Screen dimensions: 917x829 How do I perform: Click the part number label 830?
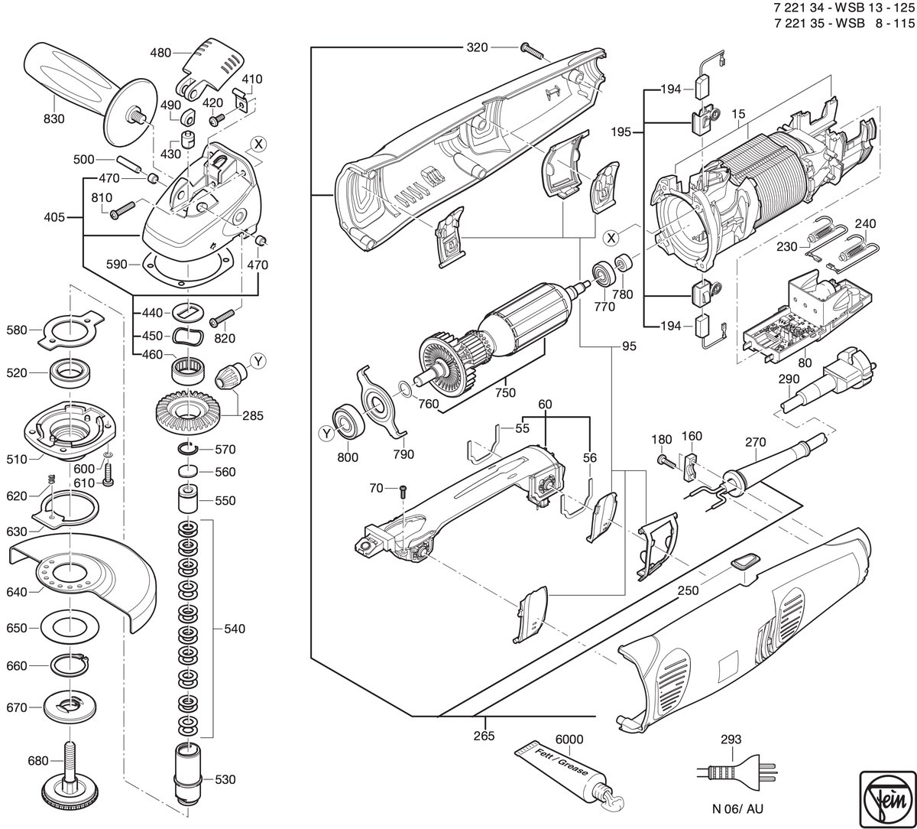(54, 119)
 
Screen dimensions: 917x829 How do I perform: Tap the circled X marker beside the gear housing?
(259, 145)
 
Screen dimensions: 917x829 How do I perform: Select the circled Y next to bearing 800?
(327, 434)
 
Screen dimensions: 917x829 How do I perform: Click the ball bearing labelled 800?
(348, 422)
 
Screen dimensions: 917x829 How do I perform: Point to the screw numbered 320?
(531, 51)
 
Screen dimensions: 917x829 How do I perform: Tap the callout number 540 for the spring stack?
(235, 629)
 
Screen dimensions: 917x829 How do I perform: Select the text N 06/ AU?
(738, 808)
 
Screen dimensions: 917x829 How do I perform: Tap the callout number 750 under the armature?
(505, 392)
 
